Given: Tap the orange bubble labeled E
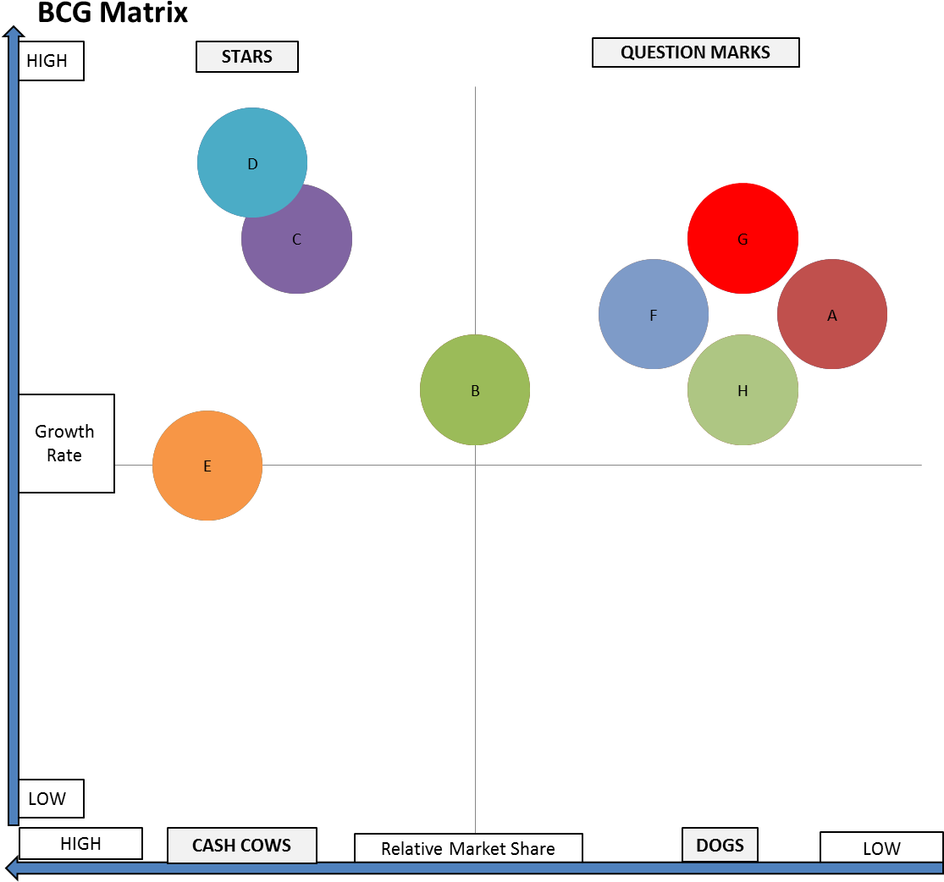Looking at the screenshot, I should coord(207,466).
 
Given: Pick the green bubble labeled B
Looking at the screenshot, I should coord(475,390).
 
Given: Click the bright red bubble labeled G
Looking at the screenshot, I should coord(743,239).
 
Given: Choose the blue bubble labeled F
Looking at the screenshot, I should coord(654,315).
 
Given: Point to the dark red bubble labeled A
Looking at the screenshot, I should coord(831,315).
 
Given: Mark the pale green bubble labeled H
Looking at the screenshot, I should coord(743,390).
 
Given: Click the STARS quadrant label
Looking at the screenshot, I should coord(247,57).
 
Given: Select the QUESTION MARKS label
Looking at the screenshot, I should coord(695,52).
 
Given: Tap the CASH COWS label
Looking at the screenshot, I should coord(241,845).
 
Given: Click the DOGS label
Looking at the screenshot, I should coord(720,845).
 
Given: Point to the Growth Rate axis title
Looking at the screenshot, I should coord(65,444).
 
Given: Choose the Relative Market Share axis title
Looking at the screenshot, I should coord(468,848).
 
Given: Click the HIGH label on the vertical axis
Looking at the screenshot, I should coord(51,62).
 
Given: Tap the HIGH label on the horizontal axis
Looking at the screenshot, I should coord(80,844).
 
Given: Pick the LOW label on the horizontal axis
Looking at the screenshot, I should coord(881,848).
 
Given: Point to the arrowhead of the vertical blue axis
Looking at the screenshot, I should coord(13,34).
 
